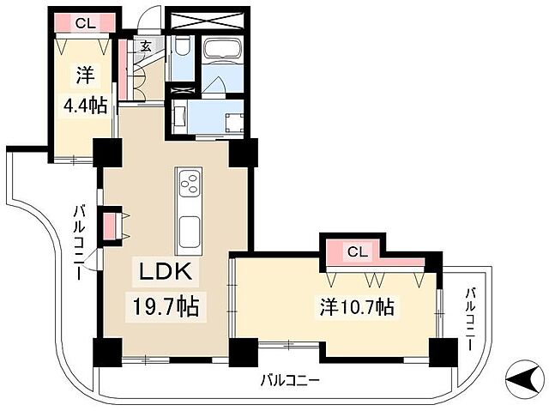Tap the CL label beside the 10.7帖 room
(x=358, y=251)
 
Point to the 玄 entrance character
(x=146, y=47)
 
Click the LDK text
(x=170, y=275)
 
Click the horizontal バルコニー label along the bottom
(x=290, y=381)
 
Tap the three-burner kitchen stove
(x=189, y=183)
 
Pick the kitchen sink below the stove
(x=189, y=230)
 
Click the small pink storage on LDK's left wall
(x=110, y=226)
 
